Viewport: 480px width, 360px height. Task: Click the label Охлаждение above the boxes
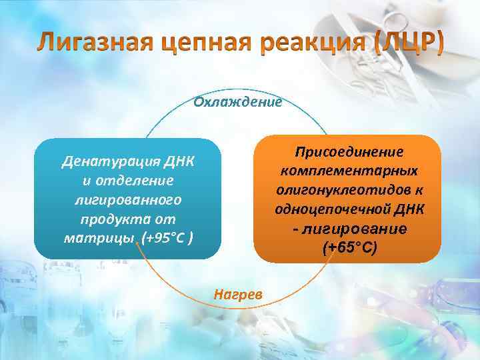238,102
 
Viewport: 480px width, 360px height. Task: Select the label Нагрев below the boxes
238,294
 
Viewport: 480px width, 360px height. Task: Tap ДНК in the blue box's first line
182,161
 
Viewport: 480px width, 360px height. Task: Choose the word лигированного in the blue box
129,200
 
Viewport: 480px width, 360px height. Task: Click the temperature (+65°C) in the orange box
349,248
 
